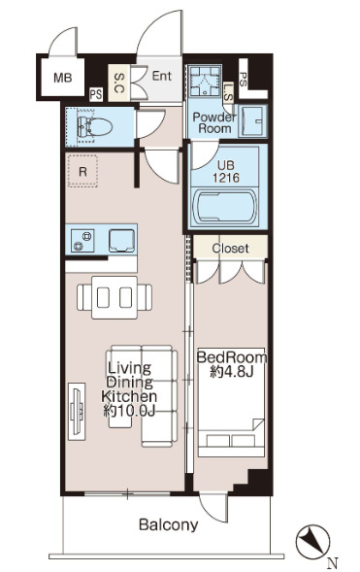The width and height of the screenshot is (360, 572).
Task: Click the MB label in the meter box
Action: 63,78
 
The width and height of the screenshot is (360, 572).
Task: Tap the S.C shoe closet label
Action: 119,83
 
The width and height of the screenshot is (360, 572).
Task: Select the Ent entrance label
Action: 161,76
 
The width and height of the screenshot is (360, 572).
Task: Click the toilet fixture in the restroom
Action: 94,127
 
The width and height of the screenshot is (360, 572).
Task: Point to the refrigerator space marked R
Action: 82,172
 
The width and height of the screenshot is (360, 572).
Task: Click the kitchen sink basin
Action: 121,241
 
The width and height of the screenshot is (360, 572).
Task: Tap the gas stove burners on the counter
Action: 82,241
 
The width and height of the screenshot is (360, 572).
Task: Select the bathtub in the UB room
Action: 224,207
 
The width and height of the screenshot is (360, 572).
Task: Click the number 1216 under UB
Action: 226,178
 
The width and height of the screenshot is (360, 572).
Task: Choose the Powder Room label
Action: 214,123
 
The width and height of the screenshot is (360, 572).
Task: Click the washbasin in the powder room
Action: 253,121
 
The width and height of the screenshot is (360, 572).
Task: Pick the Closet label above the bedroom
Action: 230,249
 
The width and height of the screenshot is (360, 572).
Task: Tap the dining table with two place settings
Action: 115,297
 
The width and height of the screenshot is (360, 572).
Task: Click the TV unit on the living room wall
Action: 77,412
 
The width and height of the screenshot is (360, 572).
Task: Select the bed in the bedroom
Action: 231,402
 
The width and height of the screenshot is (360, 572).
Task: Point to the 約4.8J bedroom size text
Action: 232,372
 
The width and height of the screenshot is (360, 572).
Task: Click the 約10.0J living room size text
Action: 129,411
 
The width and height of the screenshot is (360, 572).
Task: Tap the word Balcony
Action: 168,525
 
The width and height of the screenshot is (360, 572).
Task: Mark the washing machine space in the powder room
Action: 204,80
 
